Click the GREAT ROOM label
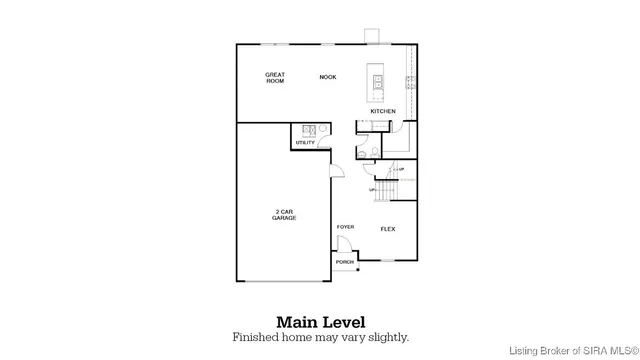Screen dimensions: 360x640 [275, 78]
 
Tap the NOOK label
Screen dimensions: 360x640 [327, 77]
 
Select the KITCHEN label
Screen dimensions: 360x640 [383, 111]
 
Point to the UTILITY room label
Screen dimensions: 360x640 [305, 143]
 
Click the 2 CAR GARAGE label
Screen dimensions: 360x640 [285, 215]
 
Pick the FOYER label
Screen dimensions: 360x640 [345, 227]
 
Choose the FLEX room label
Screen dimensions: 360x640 [388, 229]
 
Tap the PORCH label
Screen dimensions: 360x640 [345, 262]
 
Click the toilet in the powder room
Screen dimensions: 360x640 [367, 150]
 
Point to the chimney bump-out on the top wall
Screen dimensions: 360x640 [372, 37]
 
